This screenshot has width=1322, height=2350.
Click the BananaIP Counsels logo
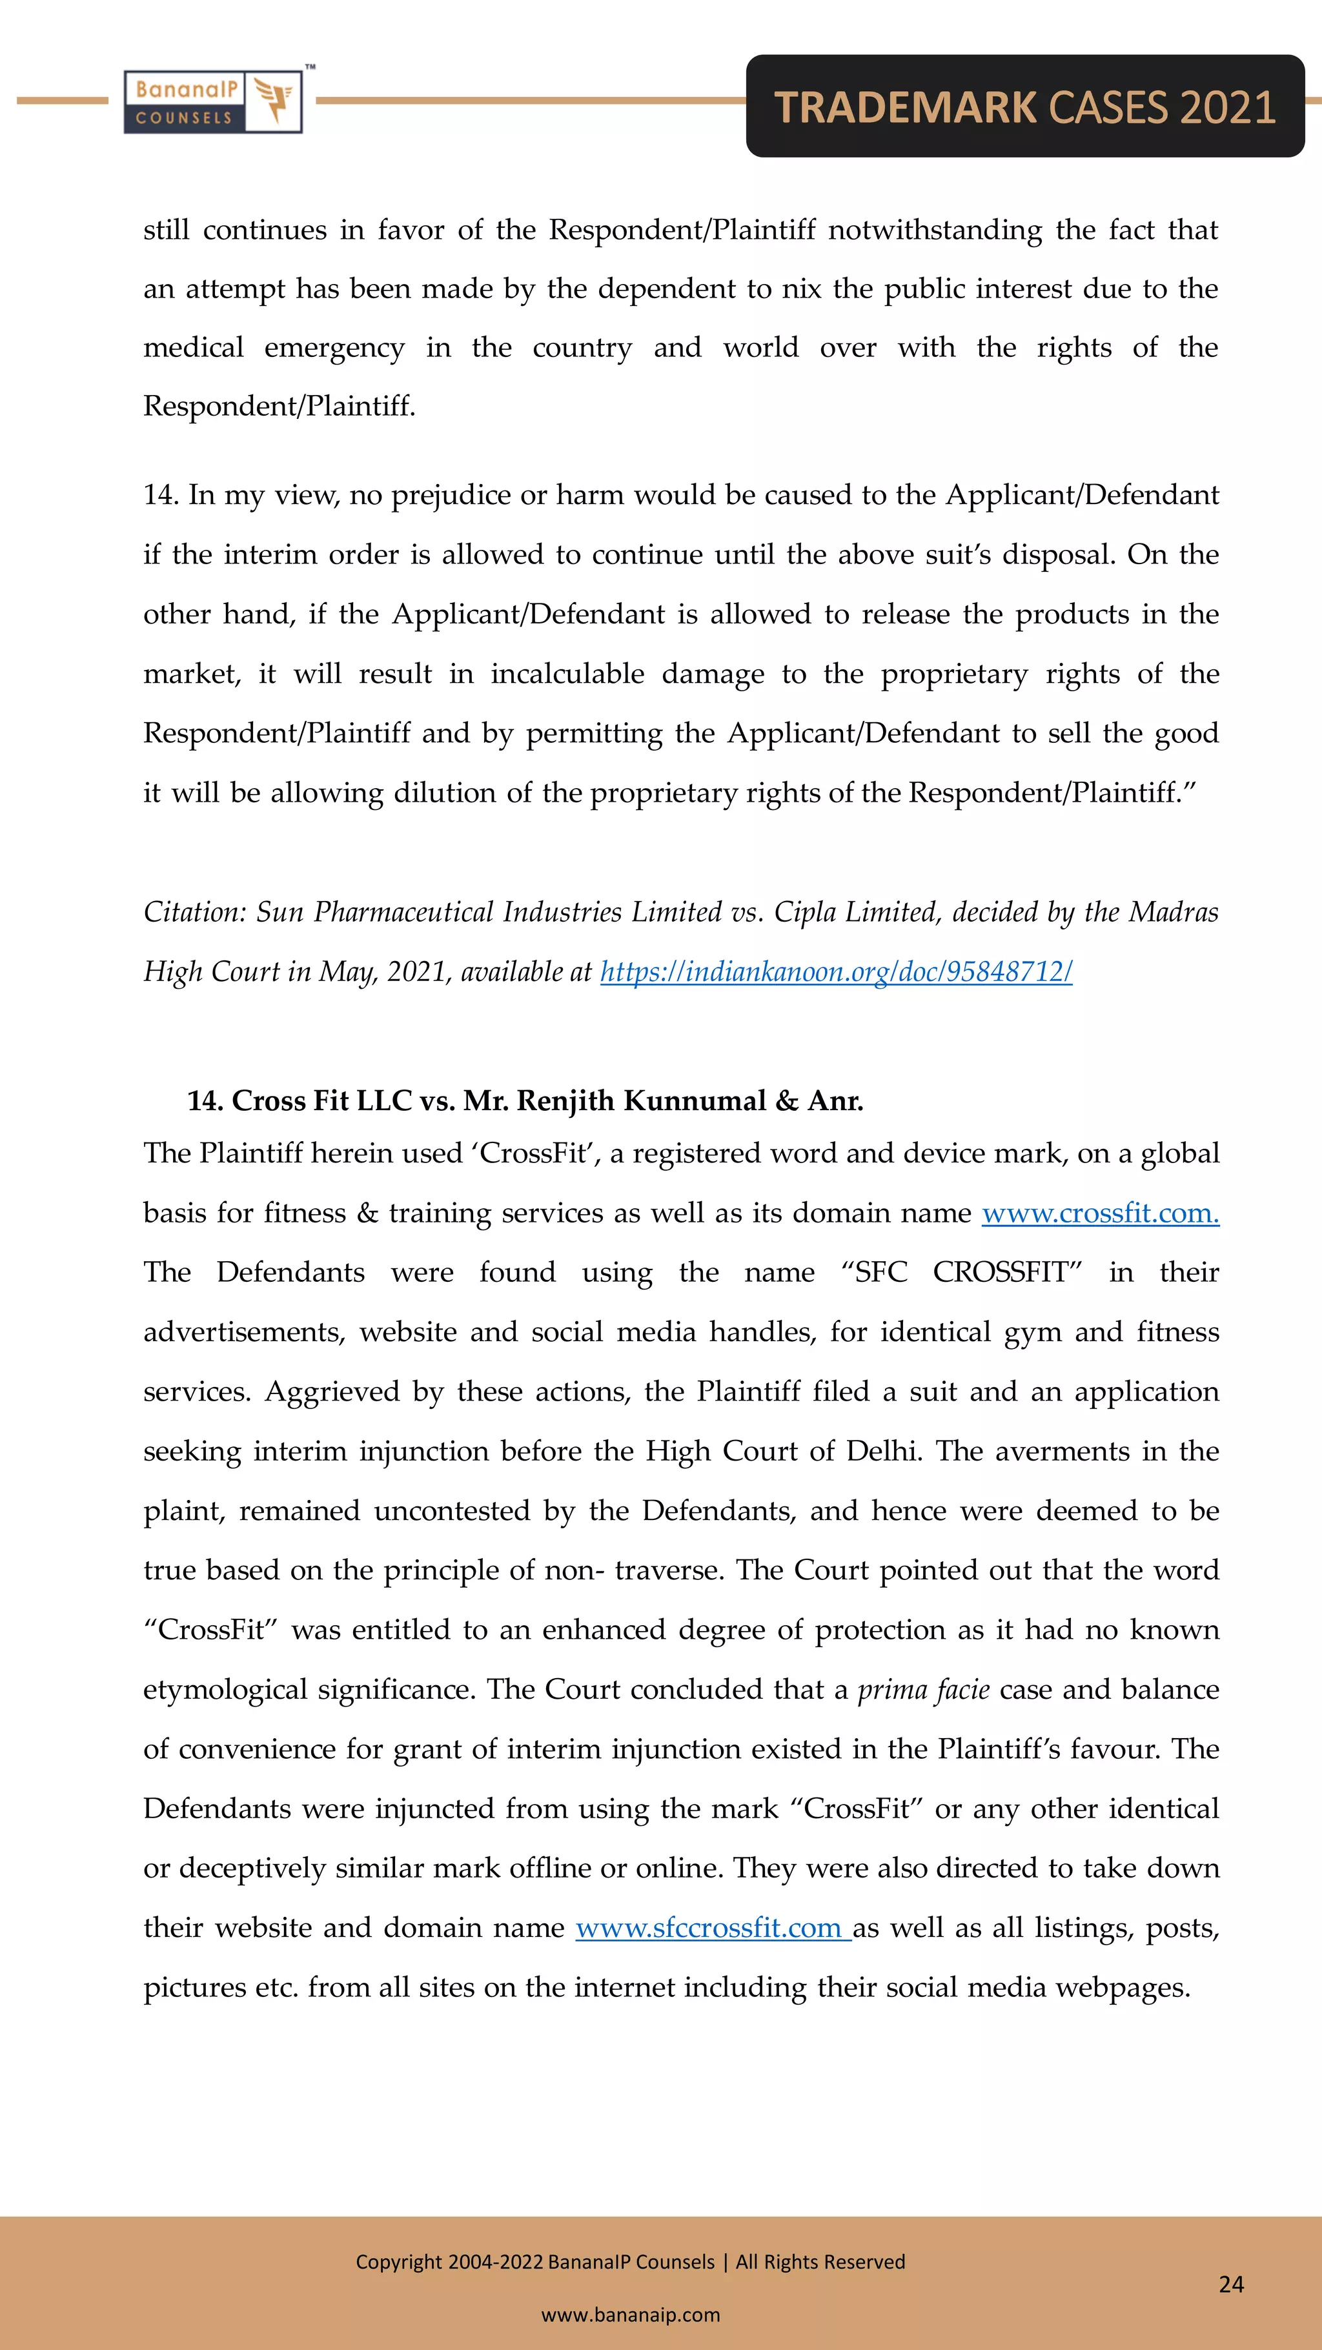[x=212, y=102]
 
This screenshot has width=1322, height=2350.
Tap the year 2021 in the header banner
[x=1226, y=108]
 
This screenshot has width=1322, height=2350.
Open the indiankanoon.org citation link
[x=836, y=971]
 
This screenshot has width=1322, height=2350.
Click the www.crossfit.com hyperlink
[x=1099, y=1213]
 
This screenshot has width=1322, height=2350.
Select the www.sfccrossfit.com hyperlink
[x=713, y=1928]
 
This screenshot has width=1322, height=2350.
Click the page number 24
[x=1231, y=2284]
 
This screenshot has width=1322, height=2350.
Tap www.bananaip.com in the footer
[x=631, y=2315]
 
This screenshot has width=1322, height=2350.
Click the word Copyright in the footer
[x=399, y=2262]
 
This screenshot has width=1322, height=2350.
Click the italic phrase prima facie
[x=923, y=1690]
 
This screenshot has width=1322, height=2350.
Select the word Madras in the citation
[x=1174, y=912]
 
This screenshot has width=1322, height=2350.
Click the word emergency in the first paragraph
[x=334, y=349]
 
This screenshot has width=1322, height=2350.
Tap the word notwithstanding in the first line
[x=934, y=230]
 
